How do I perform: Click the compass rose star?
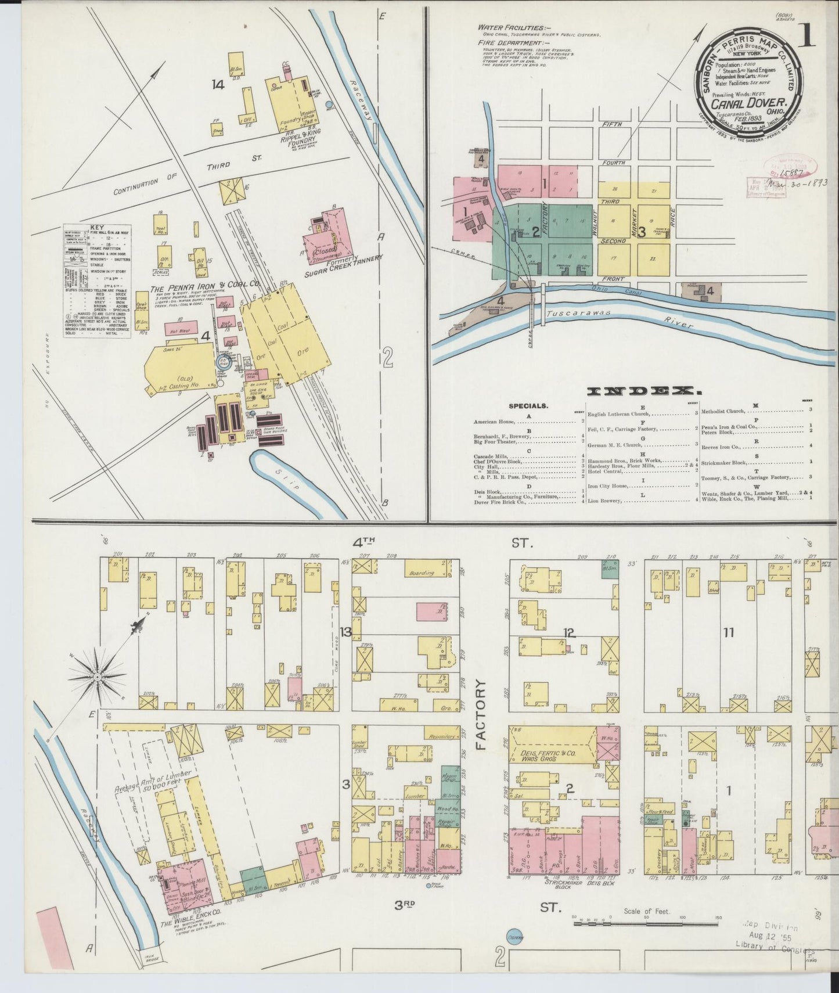coord(98,677)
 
